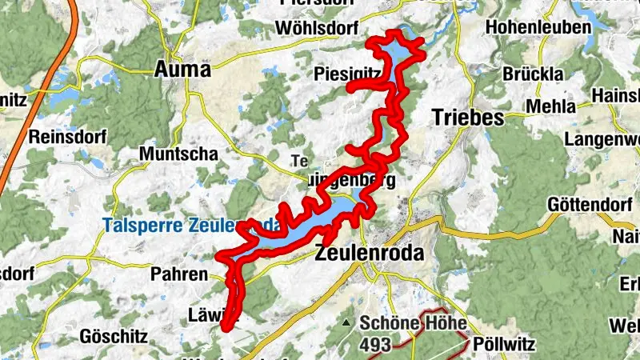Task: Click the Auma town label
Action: click(183, 70)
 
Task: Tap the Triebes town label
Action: click(467, 117)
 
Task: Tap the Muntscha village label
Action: click(173, 153)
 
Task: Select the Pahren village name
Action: click(178, 274)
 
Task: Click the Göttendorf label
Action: click(587, 204)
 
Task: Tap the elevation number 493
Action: click(374, 345)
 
